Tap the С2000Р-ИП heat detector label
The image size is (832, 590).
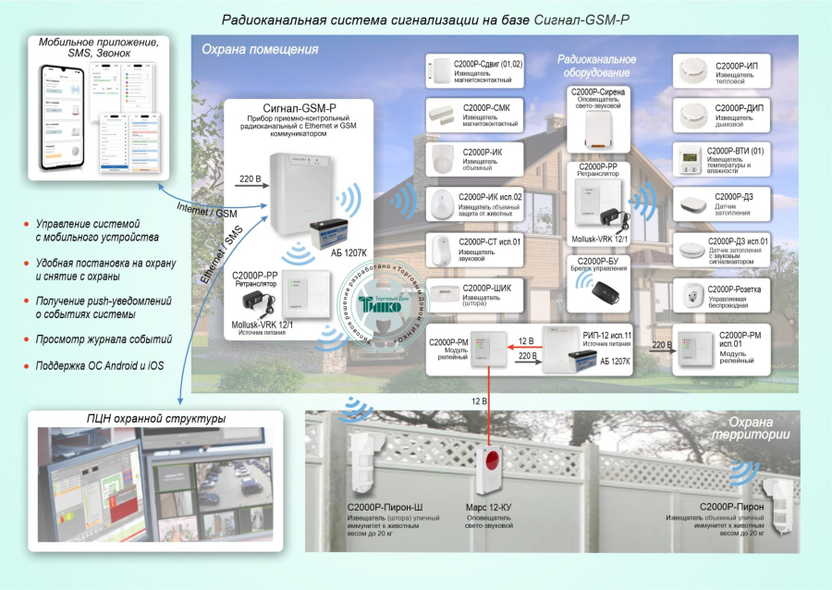737,67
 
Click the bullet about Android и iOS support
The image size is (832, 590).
100,366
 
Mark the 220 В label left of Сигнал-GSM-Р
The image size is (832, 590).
251,177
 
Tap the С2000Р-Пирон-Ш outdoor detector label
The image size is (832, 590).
385,508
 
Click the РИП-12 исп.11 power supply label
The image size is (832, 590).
607,337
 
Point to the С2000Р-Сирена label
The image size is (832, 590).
596,92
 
